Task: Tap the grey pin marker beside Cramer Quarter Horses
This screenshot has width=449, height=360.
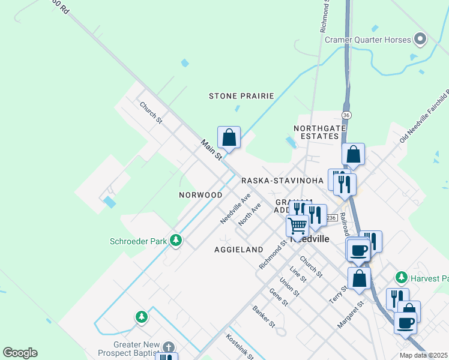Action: coord(420,40)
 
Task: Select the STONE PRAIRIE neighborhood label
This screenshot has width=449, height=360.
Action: coord(241,96)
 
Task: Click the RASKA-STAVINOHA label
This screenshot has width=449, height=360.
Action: coord(282,181)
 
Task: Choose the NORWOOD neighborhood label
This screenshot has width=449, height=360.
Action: coord(200,195)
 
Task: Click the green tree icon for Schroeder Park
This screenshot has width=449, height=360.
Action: coord(175,241)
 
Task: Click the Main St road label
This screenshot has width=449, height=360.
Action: coord(211,149)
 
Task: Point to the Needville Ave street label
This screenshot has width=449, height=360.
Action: coord(235,209)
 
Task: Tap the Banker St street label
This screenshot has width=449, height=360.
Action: coord(264,317)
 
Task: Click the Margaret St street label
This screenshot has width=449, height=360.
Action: coord(351,315)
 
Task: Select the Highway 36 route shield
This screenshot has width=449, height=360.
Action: coord(346,115)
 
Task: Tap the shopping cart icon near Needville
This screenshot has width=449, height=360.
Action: coord(297,226)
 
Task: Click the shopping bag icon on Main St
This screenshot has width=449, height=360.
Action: coord(229,137)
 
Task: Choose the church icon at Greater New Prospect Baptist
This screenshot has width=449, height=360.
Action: coord(169,347)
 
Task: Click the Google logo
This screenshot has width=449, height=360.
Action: coord(20,353)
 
